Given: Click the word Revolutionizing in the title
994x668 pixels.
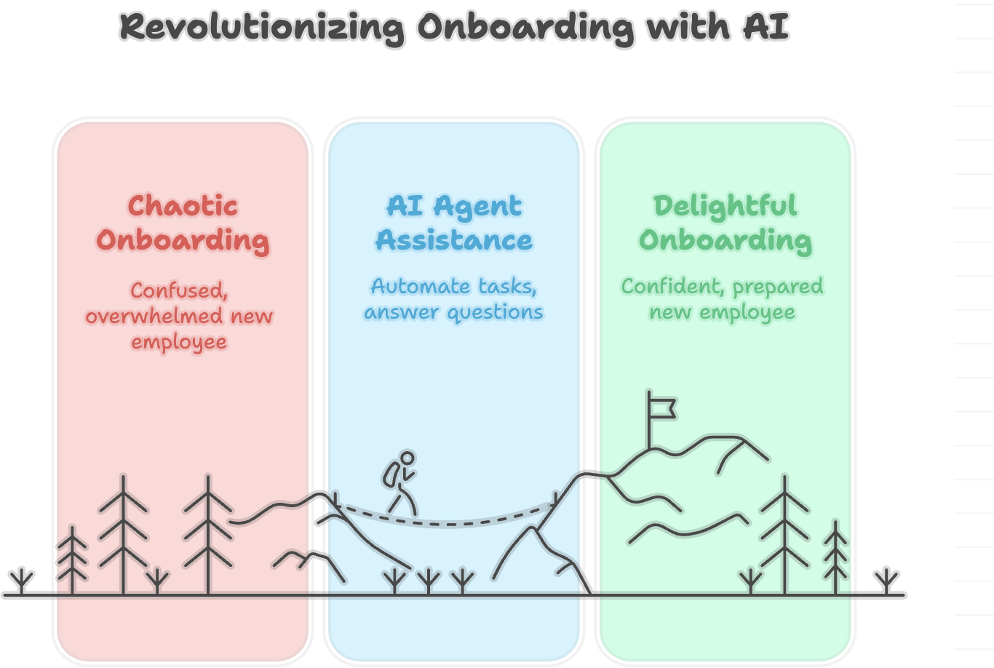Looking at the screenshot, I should coord(262,28).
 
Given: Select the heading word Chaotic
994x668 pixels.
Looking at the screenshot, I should coord(183,206).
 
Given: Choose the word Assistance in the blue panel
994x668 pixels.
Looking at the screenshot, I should coord(454,240).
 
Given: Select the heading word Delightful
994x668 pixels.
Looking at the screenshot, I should coord(725,206).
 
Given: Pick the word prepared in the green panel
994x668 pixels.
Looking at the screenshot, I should coord(777,287).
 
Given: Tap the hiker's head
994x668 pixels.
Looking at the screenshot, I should coord(407,458).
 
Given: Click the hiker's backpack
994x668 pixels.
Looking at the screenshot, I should coord(391,475).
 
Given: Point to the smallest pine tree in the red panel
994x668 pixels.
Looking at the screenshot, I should coord(72,560).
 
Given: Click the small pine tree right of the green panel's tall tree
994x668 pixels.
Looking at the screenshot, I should coord(835,557).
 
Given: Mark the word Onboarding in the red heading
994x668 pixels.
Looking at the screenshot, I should coord(183,240).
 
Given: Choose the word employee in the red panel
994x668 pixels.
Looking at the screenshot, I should coord(179,342).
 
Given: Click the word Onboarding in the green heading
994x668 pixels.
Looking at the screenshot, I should coord(725,240).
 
